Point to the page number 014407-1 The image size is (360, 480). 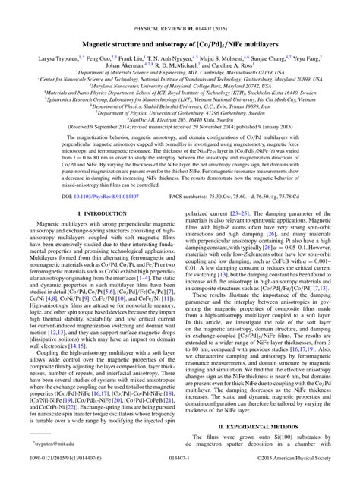coord(180,472)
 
